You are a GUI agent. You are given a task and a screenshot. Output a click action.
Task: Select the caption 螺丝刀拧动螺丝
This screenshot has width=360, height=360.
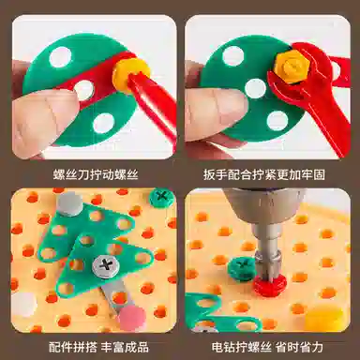[96, 174]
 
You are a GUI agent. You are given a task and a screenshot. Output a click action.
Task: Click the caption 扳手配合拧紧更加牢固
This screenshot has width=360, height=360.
[264, 174]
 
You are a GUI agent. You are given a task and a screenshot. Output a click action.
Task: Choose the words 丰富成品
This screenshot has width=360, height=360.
[125, 347]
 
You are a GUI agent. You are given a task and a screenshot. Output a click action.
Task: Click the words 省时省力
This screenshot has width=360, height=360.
[300, 347]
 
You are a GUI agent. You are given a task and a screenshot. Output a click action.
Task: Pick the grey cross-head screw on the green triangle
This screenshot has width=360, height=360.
[106, 265]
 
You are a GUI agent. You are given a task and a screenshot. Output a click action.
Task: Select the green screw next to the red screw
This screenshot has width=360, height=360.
[242, 267]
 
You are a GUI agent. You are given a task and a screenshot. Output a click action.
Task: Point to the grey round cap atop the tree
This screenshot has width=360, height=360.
[69, 203]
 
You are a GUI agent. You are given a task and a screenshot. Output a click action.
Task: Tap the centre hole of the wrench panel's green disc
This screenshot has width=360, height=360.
[255, 88]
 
